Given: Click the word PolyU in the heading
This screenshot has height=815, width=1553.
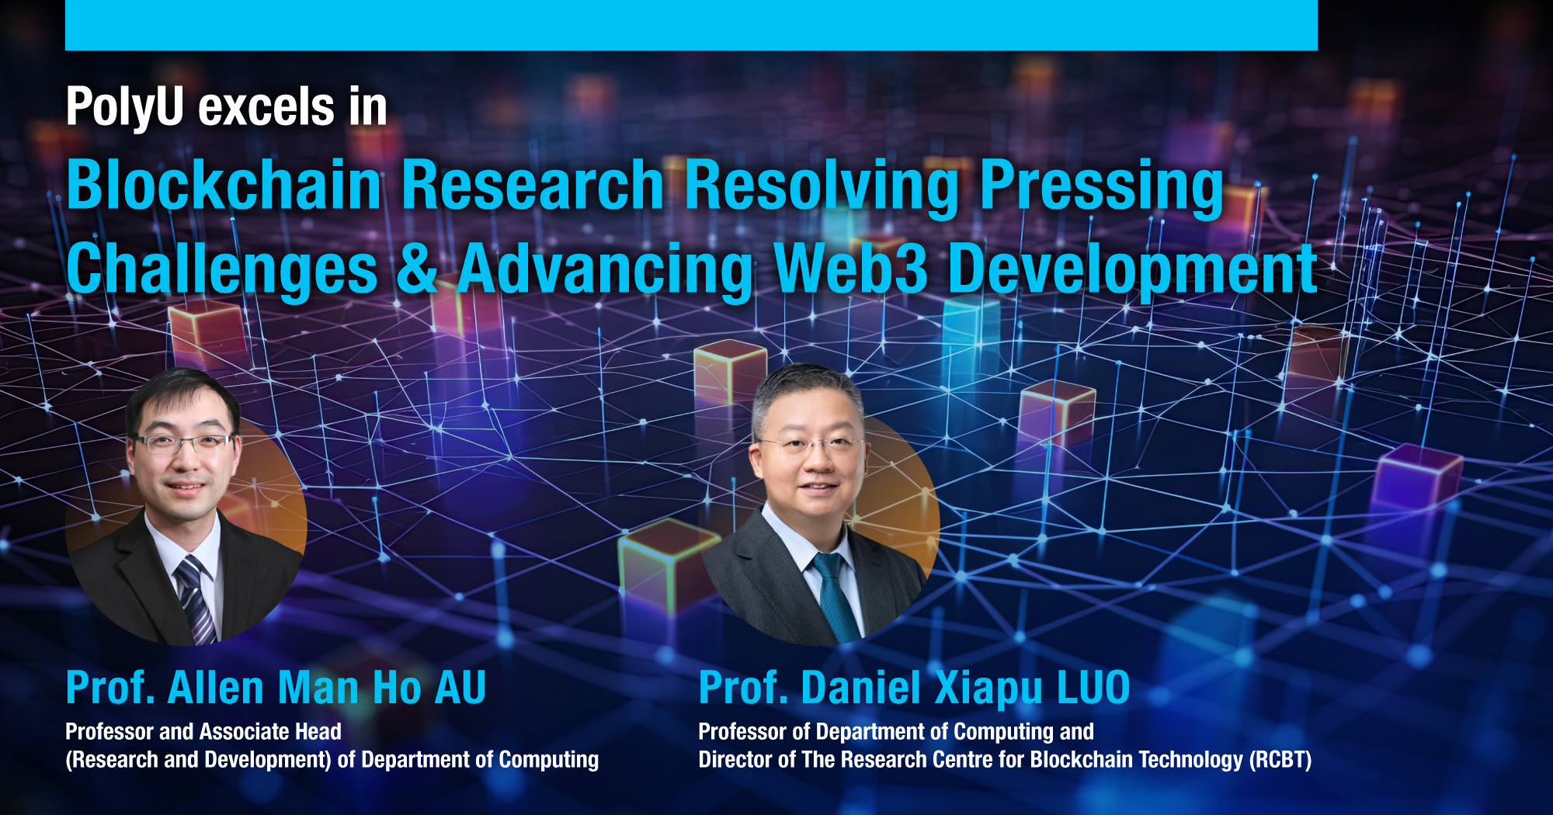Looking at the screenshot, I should [124, 107].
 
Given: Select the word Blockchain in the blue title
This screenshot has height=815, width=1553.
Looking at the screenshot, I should [224, 186].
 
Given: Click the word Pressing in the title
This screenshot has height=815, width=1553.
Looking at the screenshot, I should [1101, 186].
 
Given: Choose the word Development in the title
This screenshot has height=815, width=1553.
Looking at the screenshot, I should [1132, 269].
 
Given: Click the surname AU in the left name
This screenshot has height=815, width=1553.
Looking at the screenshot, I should [460, 688].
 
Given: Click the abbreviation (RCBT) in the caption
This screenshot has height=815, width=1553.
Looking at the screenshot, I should [1280, 760].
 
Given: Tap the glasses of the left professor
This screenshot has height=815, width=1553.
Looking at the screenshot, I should [183, 443].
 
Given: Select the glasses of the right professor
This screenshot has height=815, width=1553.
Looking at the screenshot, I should [812, 446].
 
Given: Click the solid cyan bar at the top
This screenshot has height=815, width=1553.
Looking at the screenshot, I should [691, 25].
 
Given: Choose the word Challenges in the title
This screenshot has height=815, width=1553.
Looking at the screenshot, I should [222, 269].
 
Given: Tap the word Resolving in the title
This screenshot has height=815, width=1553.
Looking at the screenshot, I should [822, 186].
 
